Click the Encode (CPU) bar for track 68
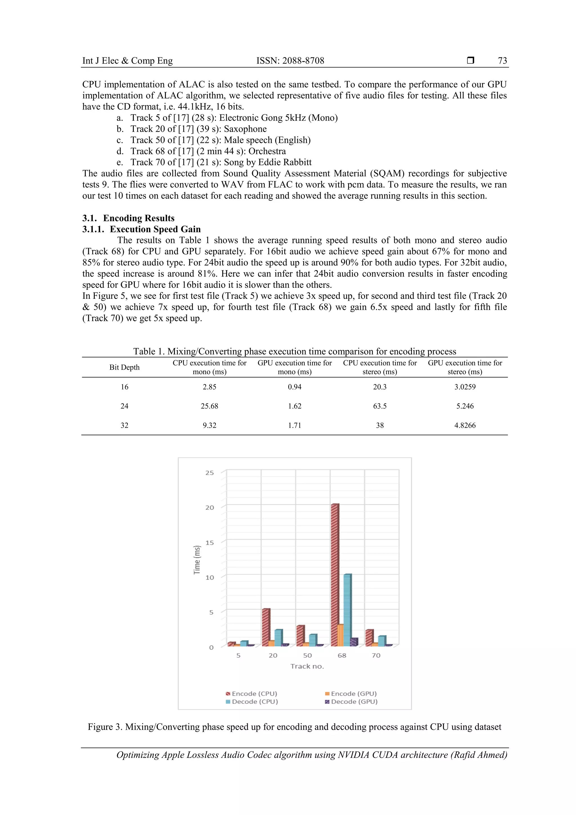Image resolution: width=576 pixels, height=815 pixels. [335, 575]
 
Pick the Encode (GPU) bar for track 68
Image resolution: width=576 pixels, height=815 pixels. [341, 636]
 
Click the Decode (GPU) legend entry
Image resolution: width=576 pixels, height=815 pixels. [351, 701]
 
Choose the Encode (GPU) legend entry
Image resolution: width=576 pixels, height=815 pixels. [351, 693]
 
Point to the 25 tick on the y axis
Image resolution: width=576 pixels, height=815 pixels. [210, 473]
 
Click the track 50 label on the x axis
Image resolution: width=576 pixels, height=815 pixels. [307, 655]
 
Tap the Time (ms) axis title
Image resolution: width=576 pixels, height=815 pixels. [197, 560]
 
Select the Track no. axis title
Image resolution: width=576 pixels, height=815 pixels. [307, 666]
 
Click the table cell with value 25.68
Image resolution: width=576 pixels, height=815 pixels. [209, 406]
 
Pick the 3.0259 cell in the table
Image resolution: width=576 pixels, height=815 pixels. [465, 387]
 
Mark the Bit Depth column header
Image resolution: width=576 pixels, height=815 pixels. [124, 367]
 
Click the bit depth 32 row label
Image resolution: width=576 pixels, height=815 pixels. [124, 425]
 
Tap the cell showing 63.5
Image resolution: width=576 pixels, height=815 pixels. [380, 406]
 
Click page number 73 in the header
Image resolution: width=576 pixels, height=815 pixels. [502, 61]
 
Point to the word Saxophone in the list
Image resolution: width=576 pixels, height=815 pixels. [245, 129]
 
